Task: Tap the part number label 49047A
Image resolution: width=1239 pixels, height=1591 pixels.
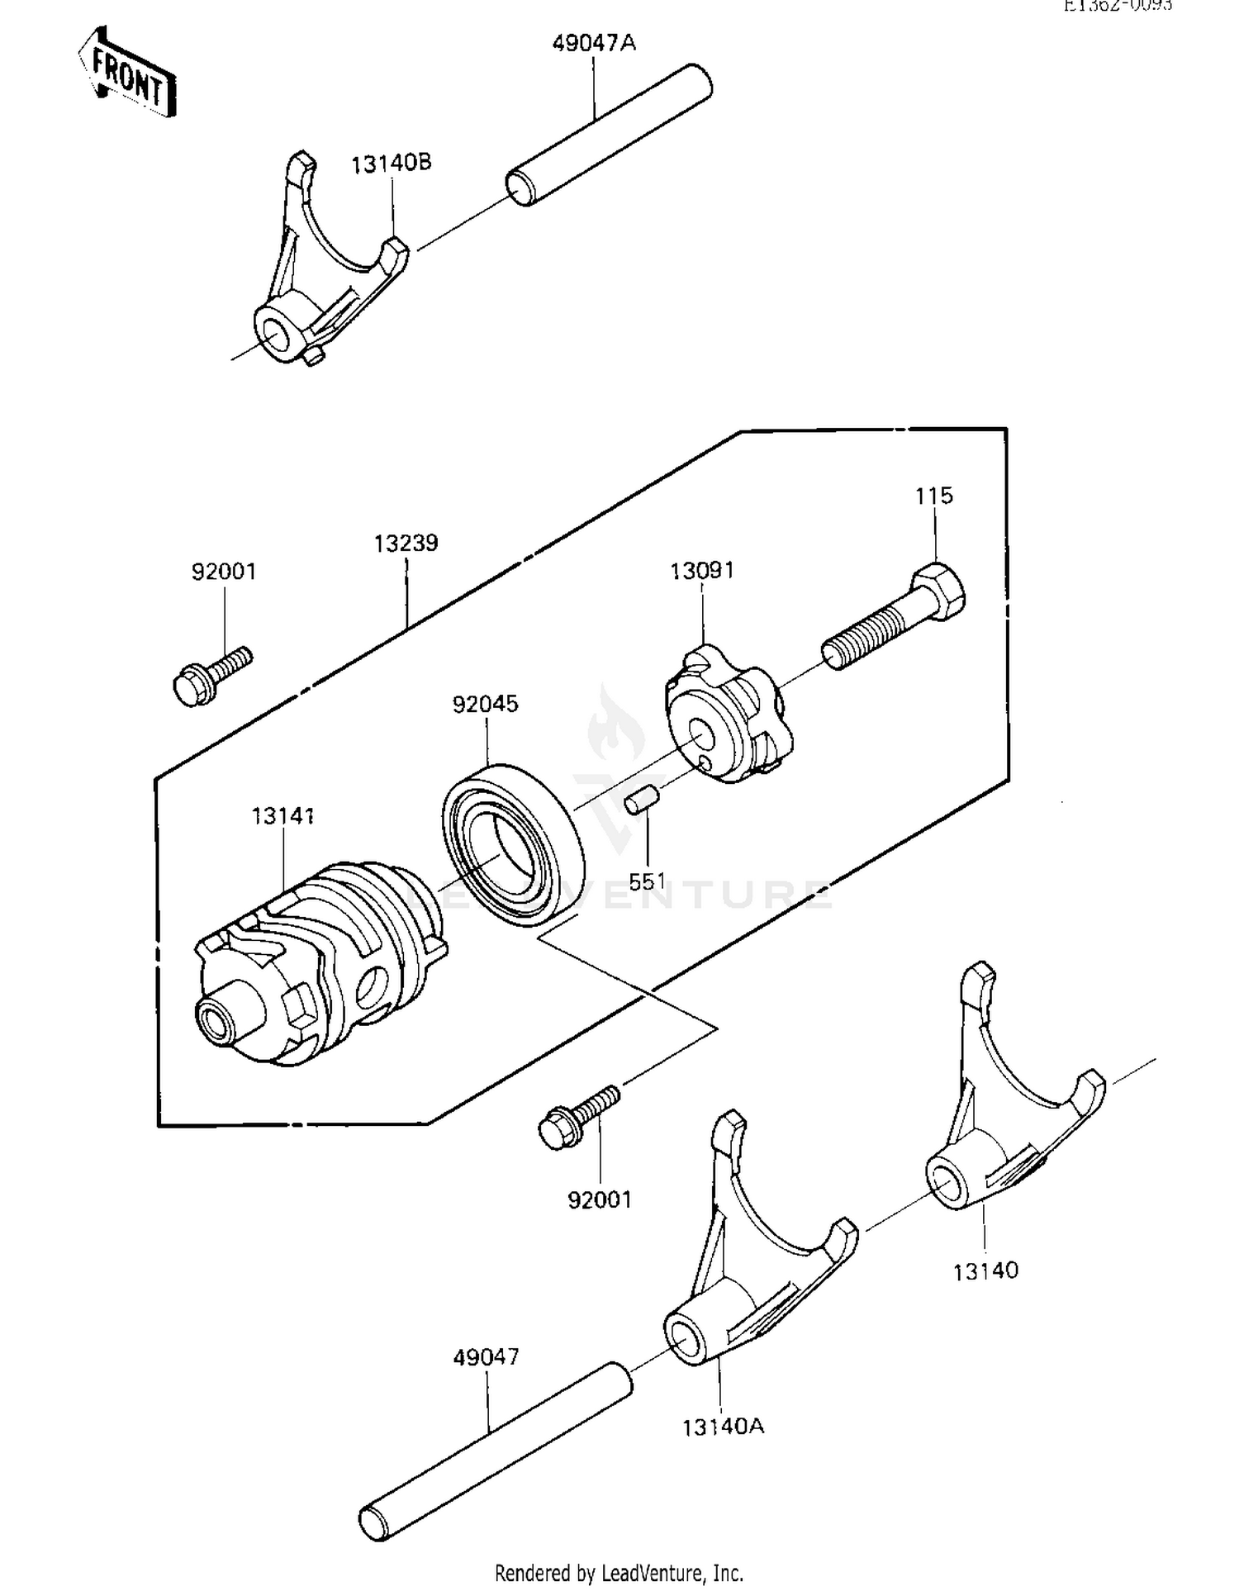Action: pyautogui.click(x=594, y=44)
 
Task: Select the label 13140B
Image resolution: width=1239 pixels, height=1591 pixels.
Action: pyautogui.click(x=392, y=164)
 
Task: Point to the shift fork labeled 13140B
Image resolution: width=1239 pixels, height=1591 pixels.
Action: pyautogui.click(x=322, y=273)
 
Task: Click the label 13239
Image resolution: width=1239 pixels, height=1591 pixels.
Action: pyautogui.click(x=406, y=544)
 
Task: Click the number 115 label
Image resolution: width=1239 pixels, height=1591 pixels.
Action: pyautogui.click(x=934, y=496)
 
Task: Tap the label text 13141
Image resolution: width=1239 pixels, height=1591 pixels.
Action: pyautogui.click(x=282, y=816)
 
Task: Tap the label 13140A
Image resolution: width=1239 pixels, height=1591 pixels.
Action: pyautogui.click(x=723, y=1426)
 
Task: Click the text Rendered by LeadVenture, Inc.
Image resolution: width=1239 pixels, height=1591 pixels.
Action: pyautogui.click(x=619, y=1572)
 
